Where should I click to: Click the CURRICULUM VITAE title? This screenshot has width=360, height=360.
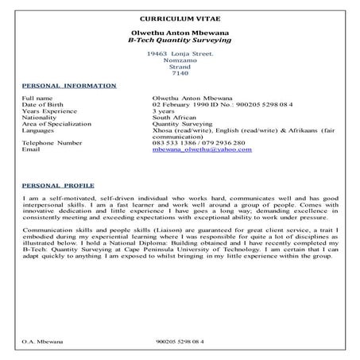[x=180, y=17]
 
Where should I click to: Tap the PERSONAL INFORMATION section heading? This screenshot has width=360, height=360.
[x=69, y=86]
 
